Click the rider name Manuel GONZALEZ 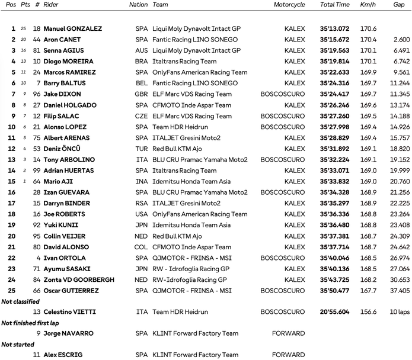point(72,28)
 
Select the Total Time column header point(334,5)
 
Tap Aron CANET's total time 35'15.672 point(334,40)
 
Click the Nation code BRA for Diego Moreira point(142,62)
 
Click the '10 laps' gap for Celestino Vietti point(399,312)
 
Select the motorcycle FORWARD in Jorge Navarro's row point(288,333)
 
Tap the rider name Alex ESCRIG point(62,355)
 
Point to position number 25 point(11,291)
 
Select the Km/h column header point(368,5)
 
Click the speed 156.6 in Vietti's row point(368,312)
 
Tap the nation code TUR point(142,149)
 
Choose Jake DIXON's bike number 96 point(37,94)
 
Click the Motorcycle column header point(289,5)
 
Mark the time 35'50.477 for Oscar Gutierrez point(334,291)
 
